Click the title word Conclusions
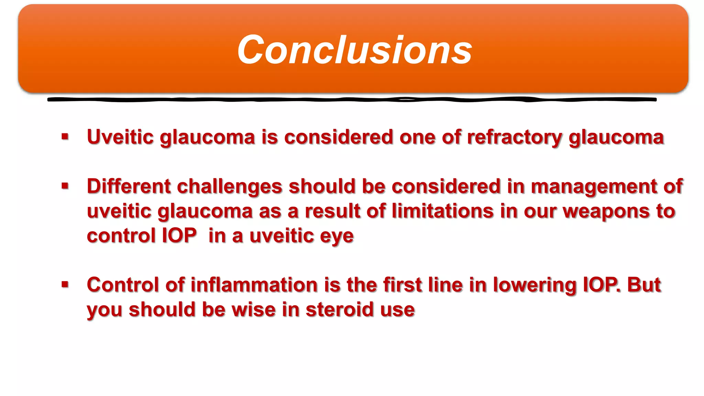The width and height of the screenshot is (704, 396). pos(354,50)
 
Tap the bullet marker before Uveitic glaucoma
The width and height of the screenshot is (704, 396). pos(65,137)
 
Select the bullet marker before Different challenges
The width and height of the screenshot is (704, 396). pos(65,186)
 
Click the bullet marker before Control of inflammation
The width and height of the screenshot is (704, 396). pos(65,284)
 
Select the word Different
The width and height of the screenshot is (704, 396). pos(129,186)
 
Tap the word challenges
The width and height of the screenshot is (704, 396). pos(230,186)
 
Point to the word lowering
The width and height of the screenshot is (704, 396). pos(535,285)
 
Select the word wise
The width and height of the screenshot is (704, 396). pos(253,309)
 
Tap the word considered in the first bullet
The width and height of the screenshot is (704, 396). pos(339,137)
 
